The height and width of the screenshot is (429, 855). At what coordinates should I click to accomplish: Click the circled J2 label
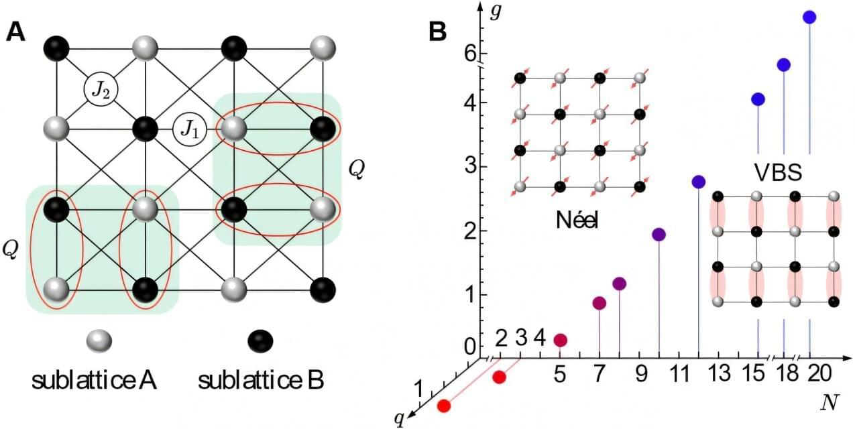101,89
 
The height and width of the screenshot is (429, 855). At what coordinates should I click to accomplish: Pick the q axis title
400,419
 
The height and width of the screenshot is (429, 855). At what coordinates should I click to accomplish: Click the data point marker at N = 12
699,182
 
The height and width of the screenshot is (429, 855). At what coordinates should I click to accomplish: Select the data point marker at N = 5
560,340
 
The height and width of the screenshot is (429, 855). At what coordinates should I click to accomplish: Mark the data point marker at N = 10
659,235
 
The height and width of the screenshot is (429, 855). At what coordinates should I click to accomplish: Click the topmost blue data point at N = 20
809,17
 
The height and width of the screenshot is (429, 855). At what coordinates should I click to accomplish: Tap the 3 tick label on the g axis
463,166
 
